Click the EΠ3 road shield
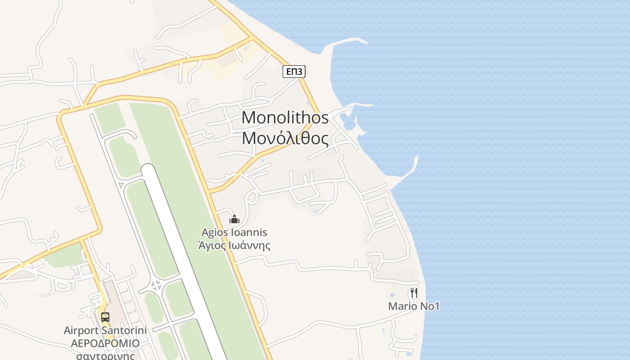(294, 71)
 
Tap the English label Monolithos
(285, 118)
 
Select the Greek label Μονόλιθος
(285, 138)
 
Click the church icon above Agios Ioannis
(234, 219)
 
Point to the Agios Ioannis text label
(234, 233)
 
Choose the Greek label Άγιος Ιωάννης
(234, 245)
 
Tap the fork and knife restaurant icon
(414, 293)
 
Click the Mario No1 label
(414, 306)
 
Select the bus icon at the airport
(105, 317)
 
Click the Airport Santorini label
(105, 330)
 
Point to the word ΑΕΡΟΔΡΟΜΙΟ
(105, 343)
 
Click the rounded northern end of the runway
(148, 170)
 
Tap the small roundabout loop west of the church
(252, 197)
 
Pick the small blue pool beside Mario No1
(392, 295)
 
